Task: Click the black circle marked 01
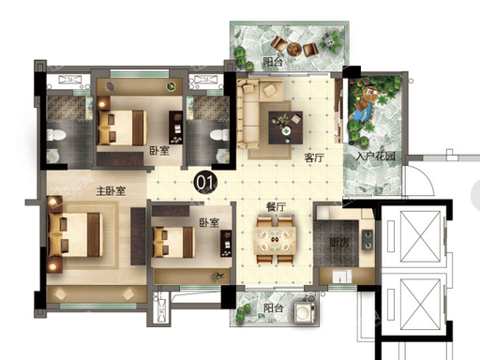pyautogui.click(x=205, y=182)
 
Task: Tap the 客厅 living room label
pyautogui.click(x=314, y=157)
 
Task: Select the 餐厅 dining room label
pyautogui.click(x=276, y=207)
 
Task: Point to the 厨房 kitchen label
pyautogui.click(x=339, y=242)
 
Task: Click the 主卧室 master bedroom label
pyautogui.click(x=111, y=190)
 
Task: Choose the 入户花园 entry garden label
pyautogui.click(x=375, y=156)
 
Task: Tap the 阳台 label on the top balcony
pyautogui.click(x=273, y=62)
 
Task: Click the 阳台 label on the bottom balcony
pyautogui.click(x=274, y=308)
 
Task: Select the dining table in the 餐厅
pyautogui.click(x=275, y=240)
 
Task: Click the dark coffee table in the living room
pyautogui.click(x=286, y=127)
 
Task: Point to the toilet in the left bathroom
pyautogui.click(x=56, y=135)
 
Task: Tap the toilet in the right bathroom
pyautogui.click(x=219, y=135)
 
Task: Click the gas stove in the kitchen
pyautogui.click(x=367, y=240)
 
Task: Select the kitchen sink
pyautogui.click(x=342, y=277)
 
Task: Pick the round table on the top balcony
pyautogui.click(x=294, y=49)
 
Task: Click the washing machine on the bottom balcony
pyautogui.click(x=305, y=312)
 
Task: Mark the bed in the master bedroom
pyautogui.click(x=75, y=234)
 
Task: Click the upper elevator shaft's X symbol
pyautogui.click(x=420, y=236)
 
